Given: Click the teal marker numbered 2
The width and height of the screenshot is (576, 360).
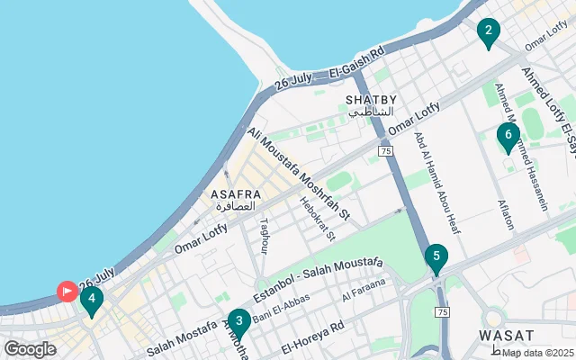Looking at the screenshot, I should click(x=488, y=33).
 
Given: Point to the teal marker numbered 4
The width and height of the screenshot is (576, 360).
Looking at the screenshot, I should click(x=92, y=301).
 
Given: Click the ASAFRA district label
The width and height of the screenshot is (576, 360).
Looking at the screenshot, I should click(x=236, y=194).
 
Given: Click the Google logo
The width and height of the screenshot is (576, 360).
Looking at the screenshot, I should click(x=30, y=349).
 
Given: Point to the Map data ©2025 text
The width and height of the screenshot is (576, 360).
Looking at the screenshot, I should click(x=537, y=353).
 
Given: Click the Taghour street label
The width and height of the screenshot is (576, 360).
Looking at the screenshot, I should click(x=264, y=236).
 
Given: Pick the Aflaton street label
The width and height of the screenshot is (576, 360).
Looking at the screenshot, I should click(x=506, y=213).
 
